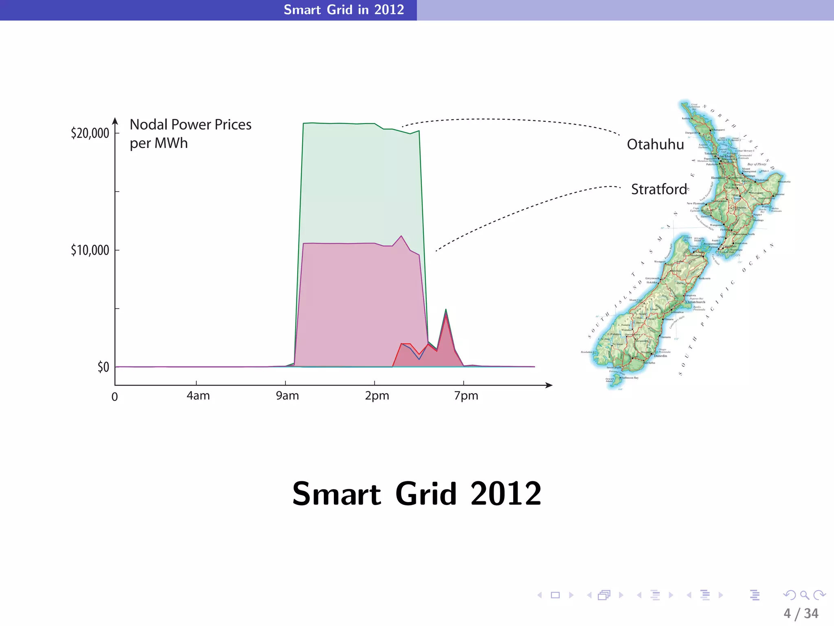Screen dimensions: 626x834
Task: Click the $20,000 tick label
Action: coord(90,133)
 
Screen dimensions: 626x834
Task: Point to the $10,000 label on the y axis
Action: coord(90,250)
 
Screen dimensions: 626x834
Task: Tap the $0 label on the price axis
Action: coord(103,367)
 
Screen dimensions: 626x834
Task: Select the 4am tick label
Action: coord(198,396)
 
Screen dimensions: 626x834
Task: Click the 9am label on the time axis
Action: coord(288,396)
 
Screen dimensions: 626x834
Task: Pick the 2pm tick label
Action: coord(377,396)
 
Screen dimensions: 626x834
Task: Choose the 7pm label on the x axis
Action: coord(466,396)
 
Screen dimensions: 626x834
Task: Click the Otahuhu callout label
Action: coord(655,145)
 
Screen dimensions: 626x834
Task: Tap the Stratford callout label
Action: coord(659,190)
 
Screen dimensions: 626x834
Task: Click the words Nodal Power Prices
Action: coord(191,125)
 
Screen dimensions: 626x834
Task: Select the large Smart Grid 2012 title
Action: coord(417,494)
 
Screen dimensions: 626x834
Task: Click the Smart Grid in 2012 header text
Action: coord(344,10)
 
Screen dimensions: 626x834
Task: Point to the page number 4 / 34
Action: coord(801,613)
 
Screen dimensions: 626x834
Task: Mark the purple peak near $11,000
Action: coord(402,236)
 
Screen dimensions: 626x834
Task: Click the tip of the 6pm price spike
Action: coord(446,310)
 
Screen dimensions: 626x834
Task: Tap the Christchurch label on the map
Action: coord(695,302)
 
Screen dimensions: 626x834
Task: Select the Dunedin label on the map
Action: coord(661,356)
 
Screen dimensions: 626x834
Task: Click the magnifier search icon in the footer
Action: coord(804,595)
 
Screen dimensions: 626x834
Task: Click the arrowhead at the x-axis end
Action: coord(550,385)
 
